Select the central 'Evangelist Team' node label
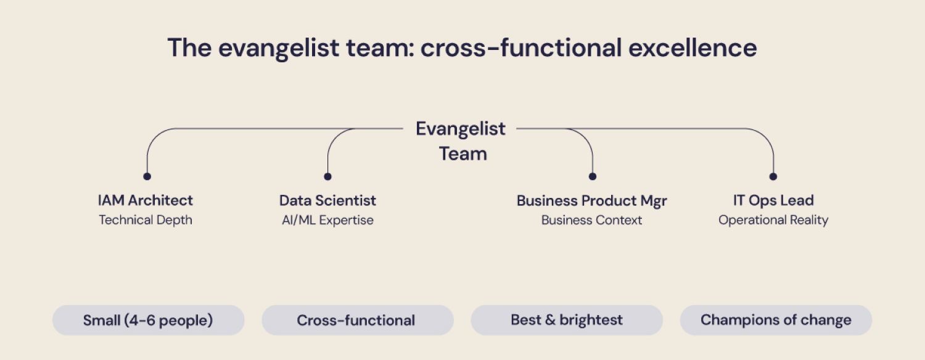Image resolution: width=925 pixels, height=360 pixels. (461, 141)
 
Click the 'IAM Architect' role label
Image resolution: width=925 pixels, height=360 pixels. (146, 200)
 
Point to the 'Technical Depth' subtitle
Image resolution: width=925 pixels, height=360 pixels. (146, 220)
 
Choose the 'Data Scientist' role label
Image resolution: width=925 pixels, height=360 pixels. (327, 200)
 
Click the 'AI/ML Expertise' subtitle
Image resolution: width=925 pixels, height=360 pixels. (327, 220)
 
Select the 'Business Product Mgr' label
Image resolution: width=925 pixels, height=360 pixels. (591, 200)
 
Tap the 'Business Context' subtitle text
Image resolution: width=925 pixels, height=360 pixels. (591, 220)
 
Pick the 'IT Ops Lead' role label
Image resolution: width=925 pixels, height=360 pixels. (773, 200)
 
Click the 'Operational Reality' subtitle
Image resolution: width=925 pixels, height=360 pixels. (773, 220)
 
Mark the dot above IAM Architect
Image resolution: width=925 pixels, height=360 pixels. (147, 176)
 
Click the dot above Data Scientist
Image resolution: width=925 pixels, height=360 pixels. (327, 176)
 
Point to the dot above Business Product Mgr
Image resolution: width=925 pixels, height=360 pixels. (593, 176)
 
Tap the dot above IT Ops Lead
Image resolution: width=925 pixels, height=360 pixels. (773, 176)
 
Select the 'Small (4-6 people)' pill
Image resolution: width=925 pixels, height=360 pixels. (148, 321)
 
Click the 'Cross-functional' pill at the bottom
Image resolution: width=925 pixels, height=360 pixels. (357, 321)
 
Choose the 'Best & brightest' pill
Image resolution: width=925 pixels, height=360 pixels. (567, 321)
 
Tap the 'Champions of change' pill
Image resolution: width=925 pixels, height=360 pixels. (776, 321)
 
